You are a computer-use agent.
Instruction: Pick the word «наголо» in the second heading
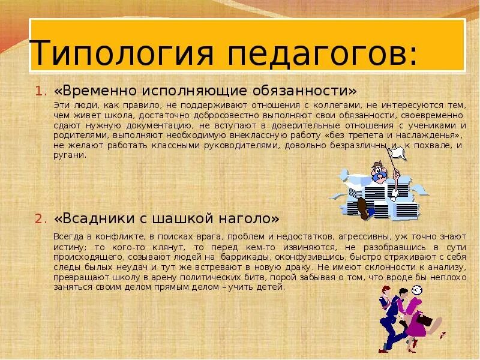tap(247, 217)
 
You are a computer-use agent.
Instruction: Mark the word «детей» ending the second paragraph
tap(271, 287)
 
